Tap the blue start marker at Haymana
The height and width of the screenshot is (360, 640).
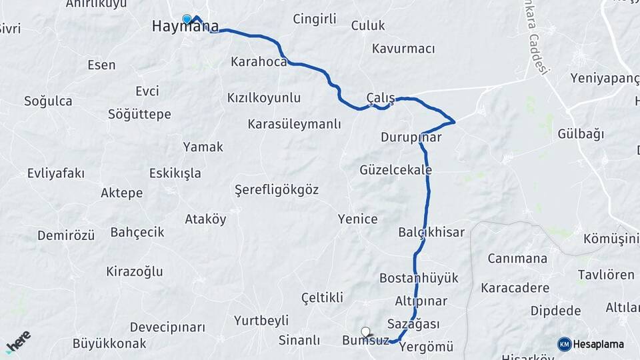tap(187, 19)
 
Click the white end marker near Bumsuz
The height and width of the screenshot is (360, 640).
tap(365, 331)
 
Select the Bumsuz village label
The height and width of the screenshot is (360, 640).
tap(365, 341)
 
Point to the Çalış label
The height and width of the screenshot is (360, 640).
tap(381, 97)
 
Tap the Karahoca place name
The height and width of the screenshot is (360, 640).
tap(259, 62)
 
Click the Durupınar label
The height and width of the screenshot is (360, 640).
tap(411, 138)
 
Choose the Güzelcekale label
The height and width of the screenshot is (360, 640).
tap(395, 170)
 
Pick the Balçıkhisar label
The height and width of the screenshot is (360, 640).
tap(431, 232)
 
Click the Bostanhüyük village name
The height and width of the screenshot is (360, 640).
tap(419, 278)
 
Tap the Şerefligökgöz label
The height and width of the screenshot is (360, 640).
tap(277, 190)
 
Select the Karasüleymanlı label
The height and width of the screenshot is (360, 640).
tap(294, 124)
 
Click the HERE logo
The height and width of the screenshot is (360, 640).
tap(18, 341)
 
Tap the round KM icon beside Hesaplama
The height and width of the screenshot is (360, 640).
tap(565, 344)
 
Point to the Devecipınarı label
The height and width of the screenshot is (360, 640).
tap(167, 327)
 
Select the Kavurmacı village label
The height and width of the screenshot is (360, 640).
tap(403, 49)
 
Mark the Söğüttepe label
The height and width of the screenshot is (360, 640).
tap(139, 115)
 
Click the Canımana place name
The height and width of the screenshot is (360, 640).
tap(517, 259)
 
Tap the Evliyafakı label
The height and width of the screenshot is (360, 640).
tap(56, 173)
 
